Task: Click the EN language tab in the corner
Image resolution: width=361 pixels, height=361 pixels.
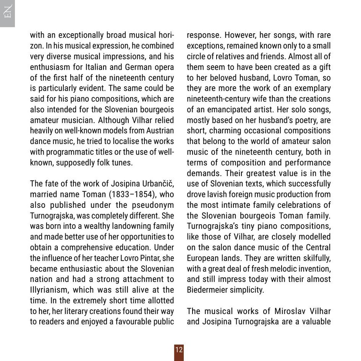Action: click(7, 13)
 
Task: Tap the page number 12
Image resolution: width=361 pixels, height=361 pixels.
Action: click(179, 350)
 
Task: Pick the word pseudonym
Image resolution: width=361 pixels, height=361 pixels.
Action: click(153, 205)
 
